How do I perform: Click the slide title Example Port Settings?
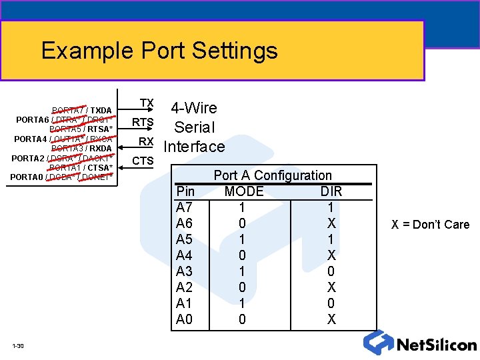coord(159,51)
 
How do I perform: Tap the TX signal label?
coord(147,103)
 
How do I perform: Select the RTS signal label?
coord(143,122)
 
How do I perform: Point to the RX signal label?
coord(146,141)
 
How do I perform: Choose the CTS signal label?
coord(143,161)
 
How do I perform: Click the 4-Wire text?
coord(194,108)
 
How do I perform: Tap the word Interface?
coord(194,146)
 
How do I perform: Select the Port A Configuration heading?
coord(272,175)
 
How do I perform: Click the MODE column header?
coord(244,191)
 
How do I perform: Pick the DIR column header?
coord(331,191)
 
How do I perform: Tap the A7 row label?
coord(185,207)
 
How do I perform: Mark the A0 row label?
coord(185,319)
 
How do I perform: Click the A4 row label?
coord(185,255)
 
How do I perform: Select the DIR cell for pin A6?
coord(331,223)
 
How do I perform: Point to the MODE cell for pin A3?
coord(242,271)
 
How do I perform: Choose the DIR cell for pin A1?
coord(331,303)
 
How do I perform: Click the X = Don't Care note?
coord(430,224)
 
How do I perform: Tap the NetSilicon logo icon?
coord(377,343)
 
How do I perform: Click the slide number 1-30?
coord(18,345)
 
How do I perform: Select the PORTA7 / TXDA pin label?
coord(82,110)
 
